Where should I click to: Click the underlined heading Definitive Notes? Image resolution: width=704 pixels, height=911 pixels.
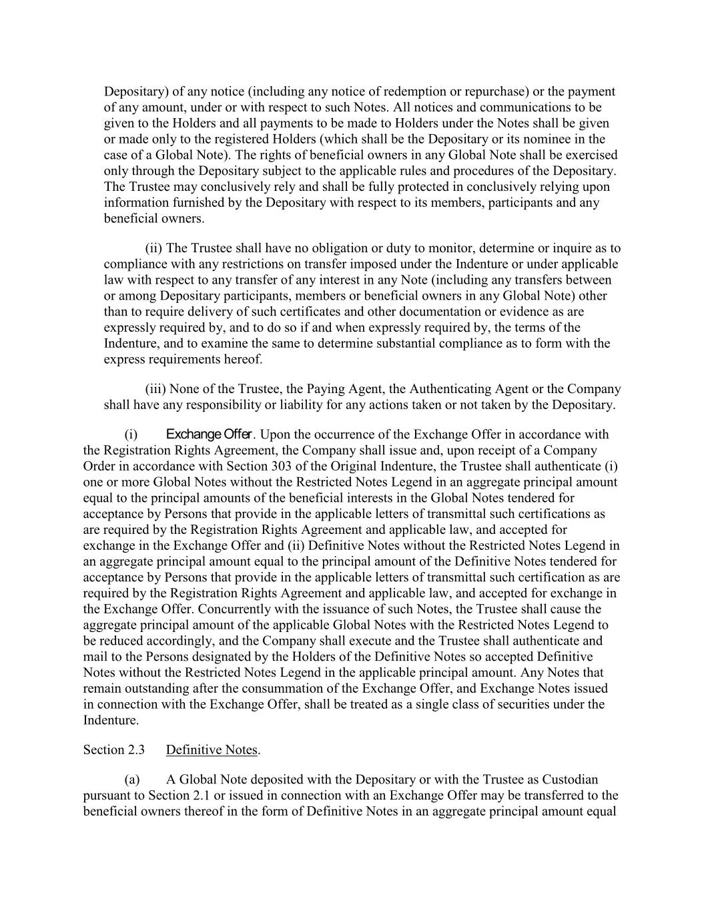pyautogui.click(x=212, y=749)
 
